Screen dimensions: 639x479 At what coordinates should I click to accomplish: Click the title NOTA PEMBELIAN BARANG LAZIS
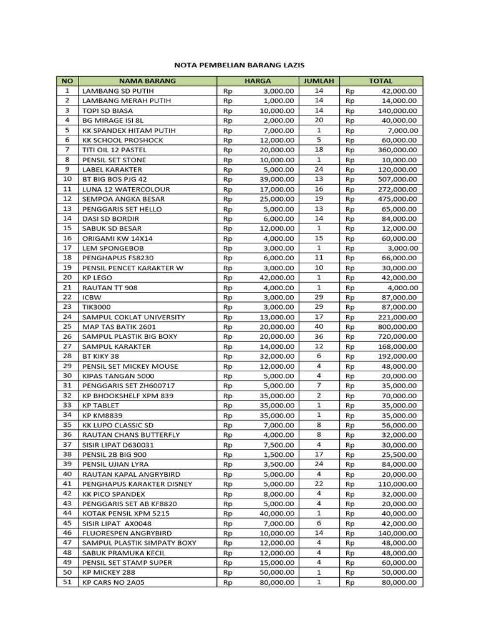(x=239, y=65)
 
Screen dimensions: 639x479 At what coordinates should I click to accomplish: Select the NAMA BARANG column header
(x=147, y=81)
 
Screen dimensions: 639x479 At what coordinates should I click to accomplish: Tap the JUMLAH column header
(x=319, y=81)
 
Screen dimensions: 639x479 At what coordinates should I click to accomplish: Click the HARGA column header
(x=258, y=81)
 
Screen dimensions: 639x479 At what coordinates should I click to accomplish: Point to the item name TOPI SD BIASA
(x=108, y=110)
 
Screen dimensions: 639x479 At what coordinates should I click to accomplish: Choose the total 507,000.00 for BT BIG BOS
(x=397, y=179)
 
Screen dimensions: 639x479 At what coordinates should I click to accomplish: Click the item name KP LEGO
(x=97, y=278)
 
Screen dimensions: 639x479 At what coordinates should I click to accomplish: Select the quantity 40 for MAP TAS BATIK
(x=319, y=326)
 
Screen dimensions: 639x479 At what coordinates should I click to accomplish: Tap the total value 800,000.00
(x=397, y=326)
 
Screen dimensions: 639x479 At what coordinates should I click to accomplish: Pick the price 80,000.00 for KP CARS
(x=277, y=582)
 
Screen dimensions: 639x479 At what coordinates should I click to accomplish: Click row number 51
(x=67, y=582)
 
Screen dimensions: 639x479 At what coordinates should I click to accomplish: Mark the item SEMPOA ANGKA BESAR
(x=119, y=199)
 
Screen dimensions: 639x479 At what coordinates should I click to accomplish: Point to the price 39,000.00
(x=277, y=179)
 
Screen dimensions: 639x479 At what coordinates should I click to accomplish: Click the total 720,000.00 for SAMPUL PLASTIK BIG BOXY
(x=397, y=336)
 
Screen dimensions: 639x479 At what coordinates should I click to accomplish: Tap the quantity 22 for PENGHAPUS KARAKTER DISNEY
(x=319, y=484)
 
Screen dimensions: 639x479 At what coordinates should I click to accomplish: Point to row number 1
(x=67, y=91)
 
